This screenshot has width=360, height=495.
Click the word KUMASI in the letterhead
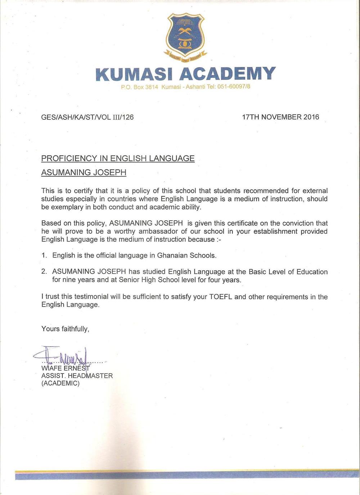[x=135, y=74]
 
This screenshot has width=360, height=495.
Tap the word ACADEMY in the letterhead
[x=227, y=74]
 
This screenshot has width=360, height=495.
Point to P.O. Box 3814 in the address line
[x=140, y=87]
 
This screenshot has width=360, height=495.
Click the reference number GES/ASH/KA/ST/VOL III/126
[x=87, y=117]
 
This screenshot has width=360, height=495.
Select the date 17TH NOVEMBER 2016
[x=280, y=117]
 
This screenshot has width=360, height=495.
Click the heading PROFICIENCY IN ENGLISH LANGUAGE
[x=118, y=158]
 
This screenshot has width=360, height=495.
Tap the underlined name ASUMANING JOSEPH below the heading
[x=84, y=172]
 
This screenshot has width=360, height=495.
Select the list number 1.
[x=44, y=256]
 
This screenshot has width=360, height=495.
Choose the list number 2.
[x=44, y=272]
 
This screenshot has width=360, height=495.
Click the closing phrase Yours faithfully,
[x=65, y=329]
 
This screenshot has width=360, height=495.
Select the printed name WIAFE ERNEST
[x=65, y=368]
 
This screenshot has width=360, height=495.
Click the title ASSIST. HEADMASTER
[x=77, y=376]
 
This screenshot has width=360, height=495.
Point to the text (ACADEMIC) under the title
[x=60, y=383]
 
